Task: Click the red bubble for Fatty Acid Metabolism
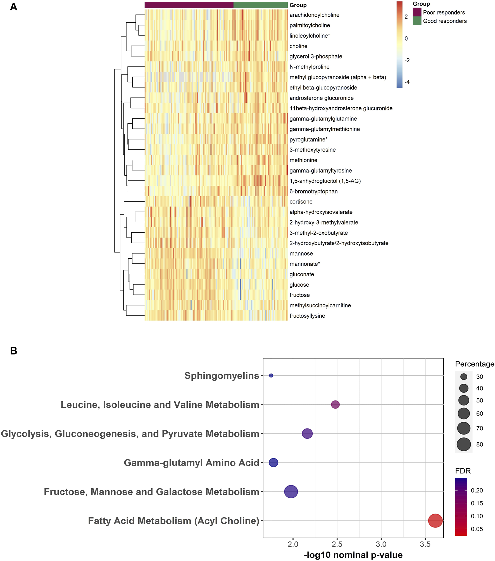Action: coord(435,521)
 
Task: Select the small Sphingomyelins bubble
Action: coord(271,376)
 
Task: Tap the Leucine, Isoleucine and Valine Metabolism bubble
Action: coord(335,404)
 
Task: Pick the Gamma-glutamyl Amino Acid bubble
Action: coord(273,463)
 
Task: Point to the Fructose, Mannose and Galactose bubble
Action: coord(291,492)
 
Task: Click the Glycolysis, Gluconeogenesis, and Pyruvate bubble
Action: coord(307,434)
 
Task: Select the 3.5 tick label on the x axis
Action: coord(425,544)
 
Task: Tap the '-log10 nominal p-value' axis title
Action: coord(353,555)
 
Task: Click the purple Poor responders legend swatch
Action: coord(417,12)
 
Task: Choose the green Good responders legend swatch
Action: coord(417,21)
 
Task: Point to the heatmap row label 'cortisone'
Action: coord(301,202)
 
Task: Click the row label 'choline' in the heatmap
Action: coord(298,46)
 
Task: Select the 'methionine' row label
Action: coord(303,160)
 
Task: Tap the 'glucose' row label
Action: coord(299,285)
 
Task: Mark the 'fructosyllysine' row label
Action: coord(307,316)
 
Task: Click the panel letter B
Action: coord(14,351)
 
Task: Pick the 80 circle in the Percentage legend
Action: coord(464,444)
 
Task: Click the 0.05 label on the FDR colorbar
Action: coord(477,529)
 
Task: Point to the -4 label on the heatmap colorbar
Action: coord(407,82)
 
